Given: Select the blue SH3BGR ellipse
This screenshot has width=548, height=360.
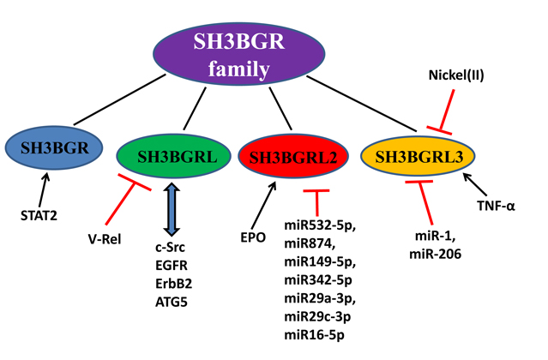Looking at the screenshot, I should click(x=50, y=148).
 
